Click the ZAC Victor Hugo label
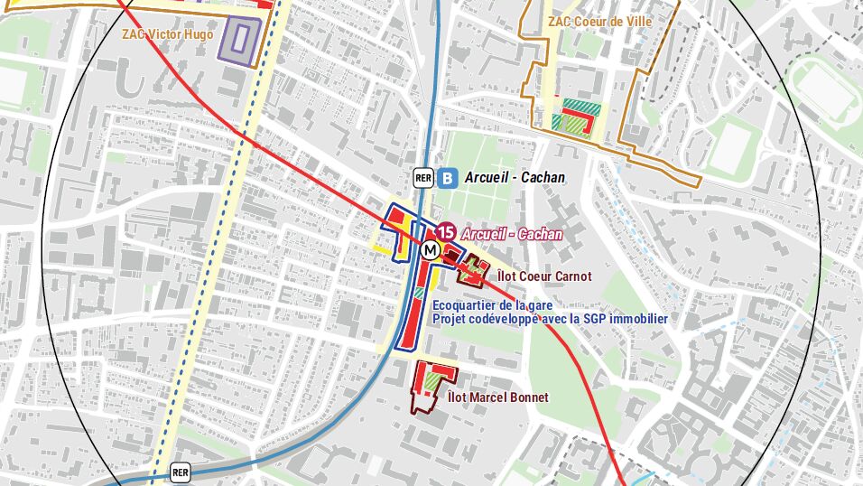tap(168, 34)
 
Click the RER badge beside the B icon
tap(423, 178)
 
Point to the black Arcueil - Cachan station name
tap(515, 178)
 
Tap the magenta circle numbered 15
tap(446, 233)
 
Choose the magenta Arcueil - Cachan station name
tap(511, 234)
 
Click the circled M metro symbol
tap(430, 250)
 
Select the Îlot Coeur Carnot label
tap(544, 276)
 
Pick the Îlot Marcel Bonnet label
tap(497, 397)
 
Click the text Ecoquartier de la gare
tap(492, 305)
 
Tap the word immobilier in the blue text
tap(638, 319)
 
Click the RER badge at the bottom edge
tap(181, 472)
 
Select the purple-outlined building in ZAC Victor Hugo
tap(241, 38)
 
